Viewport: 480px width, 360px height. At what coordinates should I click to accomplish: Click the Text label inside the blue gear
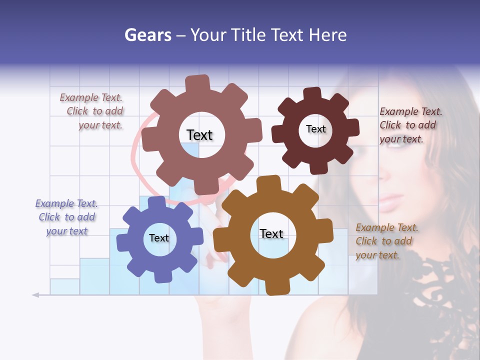pos(159,238)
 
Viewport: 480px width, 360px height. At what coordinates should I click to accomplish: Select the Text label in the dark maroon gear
pos(315,129)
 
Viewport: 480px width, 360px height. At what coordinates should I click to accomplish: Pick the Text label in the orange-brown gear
pos(271,233)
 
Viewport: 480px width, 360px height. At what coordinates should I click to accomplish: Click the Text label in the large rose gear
pos(199,135)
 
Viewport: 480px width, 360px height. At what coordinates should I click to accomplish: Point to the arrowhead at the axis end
pos(35,295)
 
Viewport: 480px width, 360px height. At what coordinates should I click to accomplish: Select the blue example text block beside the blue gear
pos(66,217)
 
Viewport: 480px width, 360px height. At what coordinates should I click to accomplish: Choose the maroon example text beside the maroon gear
pos(408,125)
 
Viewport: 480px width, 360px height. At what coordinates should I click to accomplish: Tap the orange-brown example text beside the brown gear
pos(384,241)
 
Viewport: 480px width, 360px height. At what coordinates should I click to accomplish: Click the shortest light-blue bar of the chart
pos(64,286)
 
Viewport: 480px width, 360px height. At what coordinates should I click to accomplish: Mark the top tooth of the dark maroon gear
pos(312,93)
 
